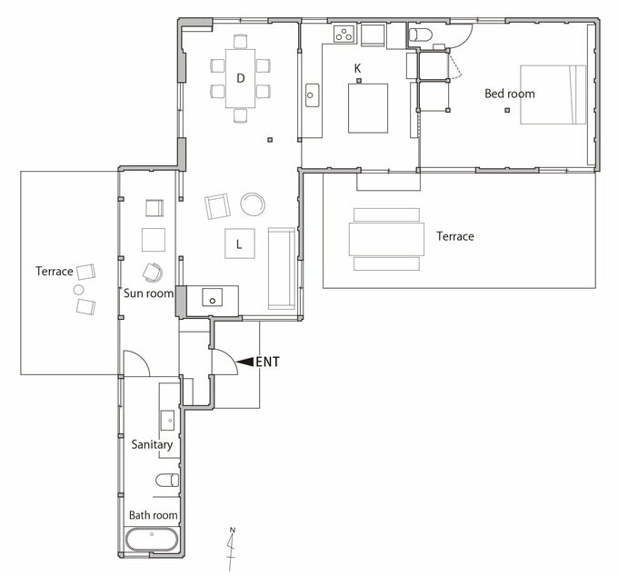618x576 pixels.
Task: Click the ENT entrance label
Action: coord(267,362)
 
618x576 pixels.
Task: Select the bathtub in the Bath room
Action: coord(152,540)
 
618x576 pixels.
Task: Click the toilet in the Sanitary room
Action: coord(167,481)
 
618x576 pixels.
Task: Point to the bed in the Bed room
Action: coord(553,94)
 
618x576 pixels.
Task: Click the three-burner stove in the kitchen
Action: coord(344,34)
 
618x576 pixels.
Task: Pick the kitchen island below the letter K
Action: coord(368,108)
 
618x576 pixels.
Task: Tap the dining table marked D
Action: coord(241,78)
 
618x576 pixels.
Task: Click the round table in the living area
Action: coord(253,204)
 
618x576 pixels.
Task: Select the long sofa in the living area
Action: coord(282,268)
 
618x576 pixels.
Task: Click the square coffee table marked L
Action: coord(240,243)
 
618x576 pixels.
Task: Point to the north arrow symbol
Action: coord(232,549)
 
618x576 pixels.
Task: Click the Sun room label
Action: coord(148,293)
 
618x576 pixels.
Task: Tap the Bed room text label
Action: coord(510,94)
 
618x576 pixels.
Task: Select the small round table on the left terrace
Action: coord(79,290)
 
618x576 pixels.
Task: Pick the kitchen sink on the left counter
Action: coord(312,95)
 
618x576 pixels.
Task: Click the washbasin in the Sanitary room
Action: coord(167,420)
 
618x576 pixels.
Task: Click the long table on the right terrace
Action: coord(386,239)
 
